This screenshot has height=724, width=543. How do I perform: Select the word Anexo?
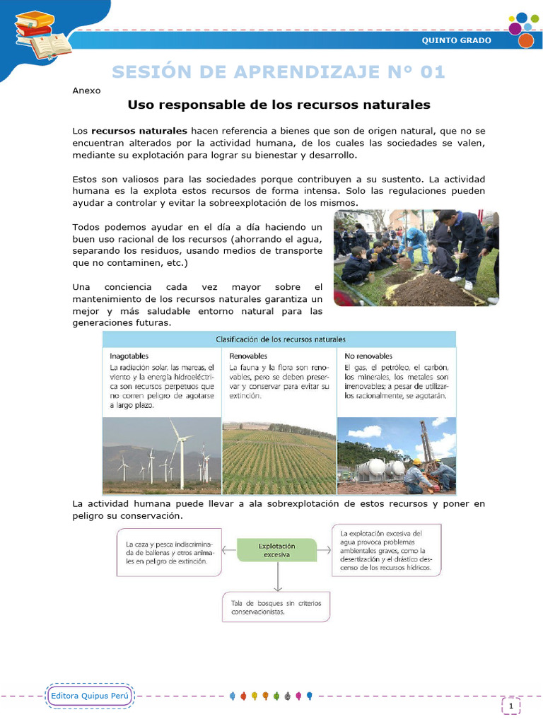tap(87, 90)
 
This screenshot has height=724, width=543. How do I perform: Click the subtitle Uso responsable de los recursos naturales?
tap(279, 105)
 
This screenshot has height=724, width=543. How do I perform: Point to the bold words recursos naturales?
tap(139, 131)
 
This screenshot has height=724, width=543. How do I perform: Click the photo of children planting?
tap(416, 258)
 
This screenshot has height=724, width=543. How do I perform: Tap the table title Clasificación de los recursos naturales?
tap(280, 339)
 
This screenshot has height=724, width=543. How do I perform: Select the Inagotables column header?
tap(129, 356)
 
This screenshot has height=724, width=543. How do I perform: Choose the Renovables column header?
tap(248, 356)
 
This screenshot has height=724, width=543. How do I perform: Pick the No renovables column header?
tap(368, 356)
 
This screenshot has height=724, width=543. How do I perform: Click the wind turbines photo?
tap(162, 455)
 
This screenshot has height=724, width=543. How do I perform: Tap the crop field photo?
tap(279, 455)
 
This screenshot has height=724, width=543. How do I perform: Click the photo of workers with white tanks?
tap(396, 455)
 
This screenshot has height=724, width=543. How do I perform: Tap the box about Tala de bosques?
tap(276, 607)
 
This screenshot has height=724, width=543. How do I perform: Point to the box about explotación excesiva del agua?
tap(386, 549)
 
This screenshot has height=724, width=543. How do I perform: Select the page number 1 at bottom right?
tap(510, 705)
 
